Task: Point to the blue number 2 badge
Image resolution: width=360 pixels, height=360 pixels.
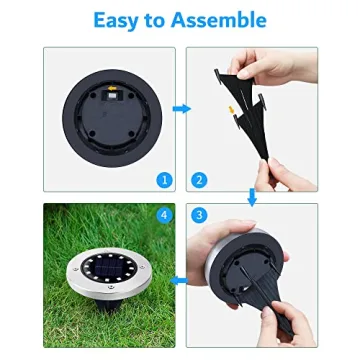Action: tap(200, 179)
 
